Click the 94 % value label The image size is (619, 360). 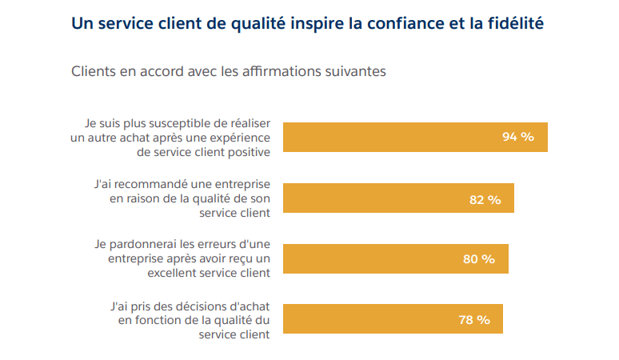pos(517,137)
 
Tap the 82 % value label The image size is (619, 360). pos(485,199)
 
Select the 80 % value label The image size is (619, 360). pos(478,259)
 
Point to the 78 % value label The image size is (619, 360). pos(473,320)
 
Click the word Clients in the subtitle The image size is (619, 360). pos(93,71)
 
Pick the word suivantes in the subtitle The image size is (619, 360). pos(356,71)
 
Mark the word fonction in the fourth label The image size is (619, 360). pos(154,320)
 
